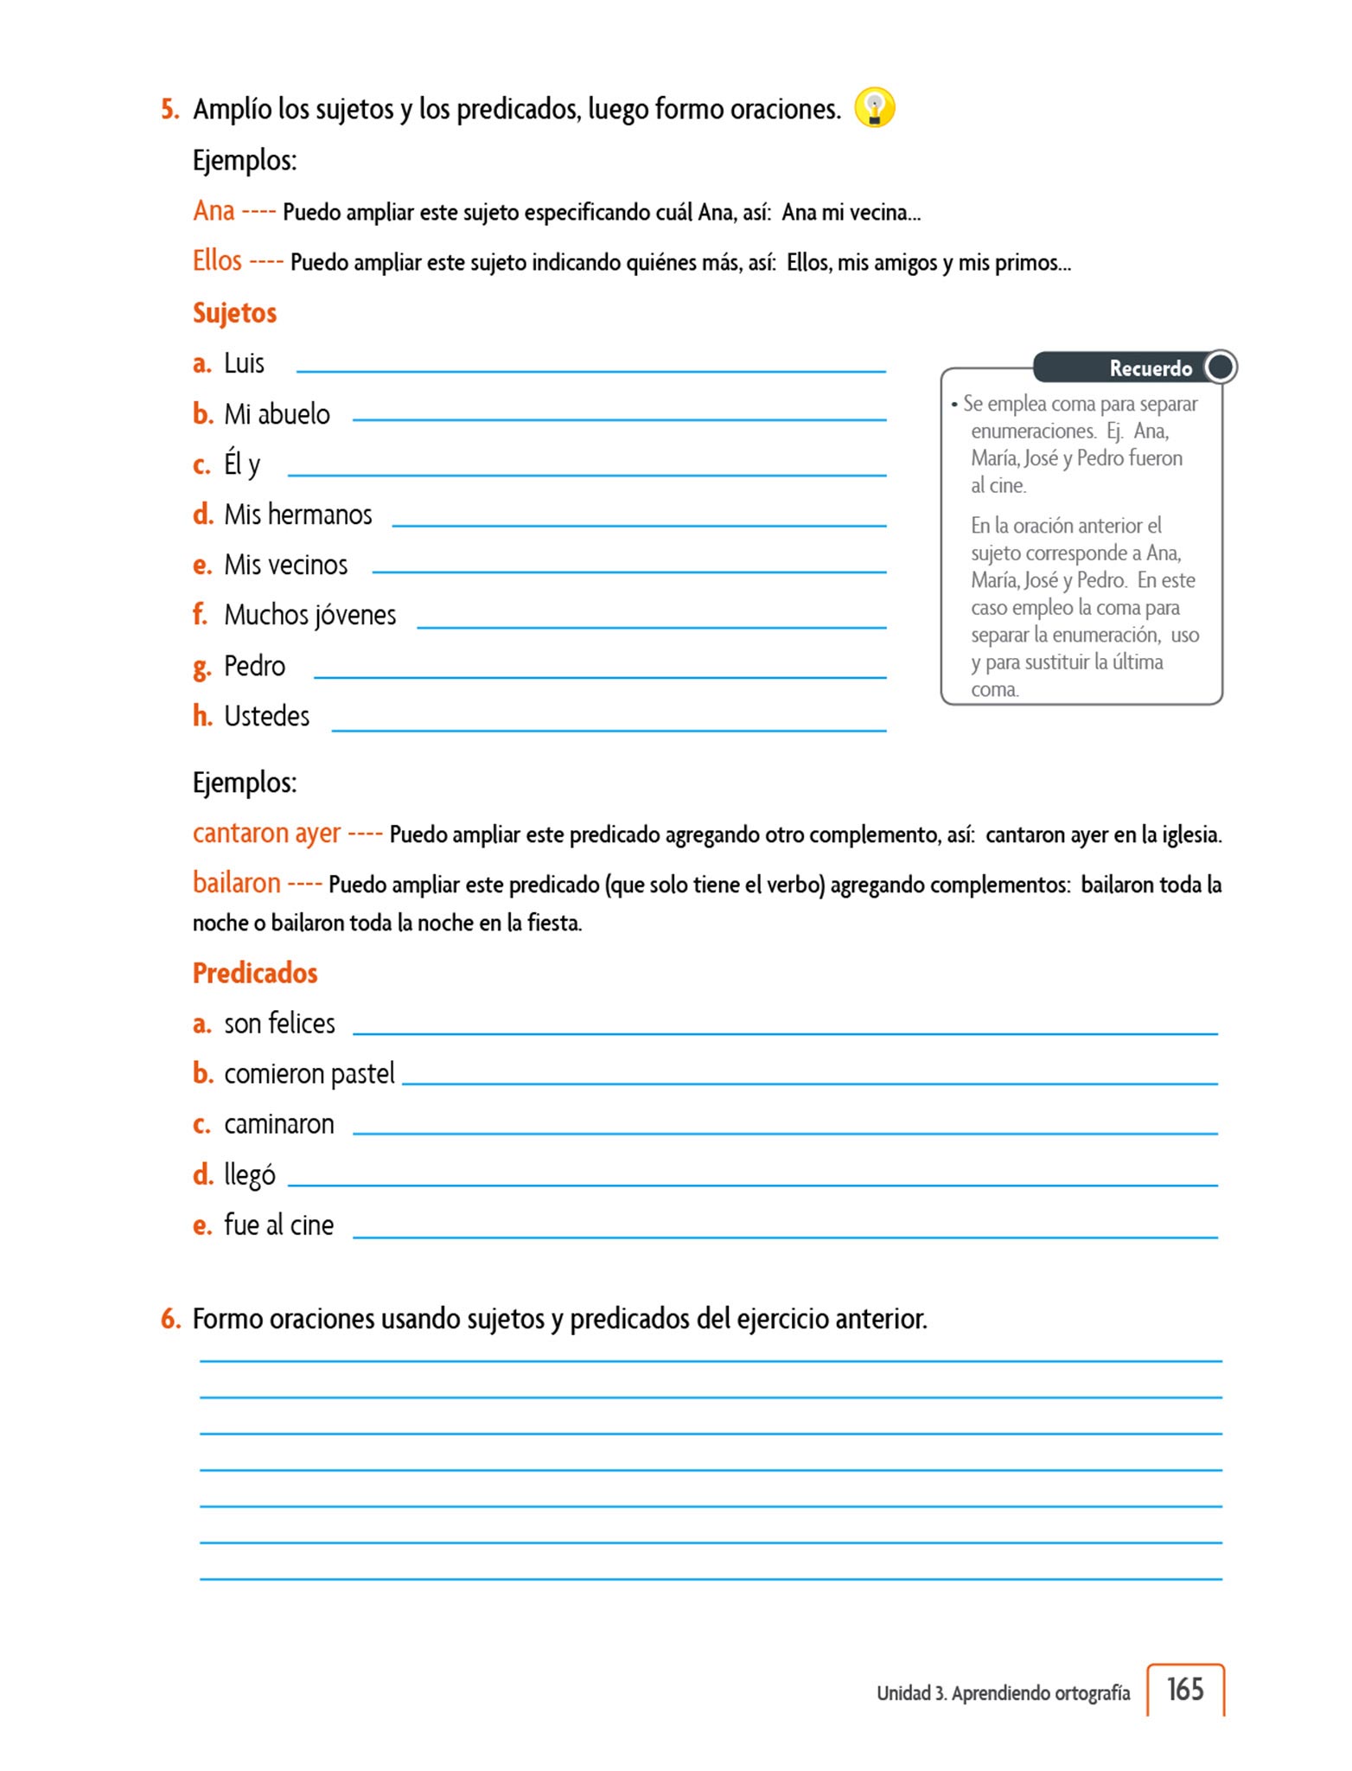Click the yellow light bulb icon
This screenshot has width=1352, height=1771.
(x=874, y=108)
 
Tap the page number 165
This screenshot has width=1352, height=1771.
(x=1184, y=1689)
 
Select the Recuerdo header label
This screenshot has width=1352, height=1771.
(x=1150, y=368)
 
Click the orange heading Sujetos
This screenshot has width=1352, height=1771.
(x=234, y=312)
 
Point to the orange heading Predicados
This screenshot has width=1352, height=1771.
(x=255, y=973)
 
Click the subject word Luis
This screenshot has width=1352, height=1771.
(x=244, y=363)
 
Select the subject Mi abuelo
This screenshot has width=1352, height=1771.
(x=277, y=414)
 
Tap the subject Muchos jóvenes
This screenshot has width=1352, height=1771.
(x=309, y=615)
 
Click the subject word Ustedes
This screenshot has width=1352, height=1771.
(x=266, y=716)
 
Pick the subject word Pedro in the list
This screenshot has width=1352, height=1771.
(x=254, y=666)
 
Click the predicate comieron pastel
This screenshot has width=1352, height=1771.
(x=309, y=1074)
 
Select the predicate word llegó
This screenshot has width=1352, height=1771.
(x=249, y=1174)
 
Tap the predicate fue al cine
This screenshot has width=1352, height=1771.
(x=278, y=1224)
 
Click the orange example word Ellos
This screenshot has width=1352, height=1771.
(x=217, y=260)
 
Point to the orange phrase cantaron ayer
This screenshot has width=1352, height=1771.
(x=266, y=833)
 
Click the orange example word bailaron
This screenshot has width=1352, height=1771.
(x=236, y=883)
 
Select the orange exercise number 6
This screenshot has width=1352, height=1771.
(x=170, y=1319)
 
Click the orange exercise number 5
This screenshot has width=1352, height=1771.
(x=170, y=109)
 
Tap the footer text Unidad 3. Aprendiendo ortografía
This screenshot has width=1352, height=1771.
(x=1003, y=1692)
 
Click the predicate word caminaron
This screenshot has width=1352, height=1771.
(x=278, y=1124)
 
